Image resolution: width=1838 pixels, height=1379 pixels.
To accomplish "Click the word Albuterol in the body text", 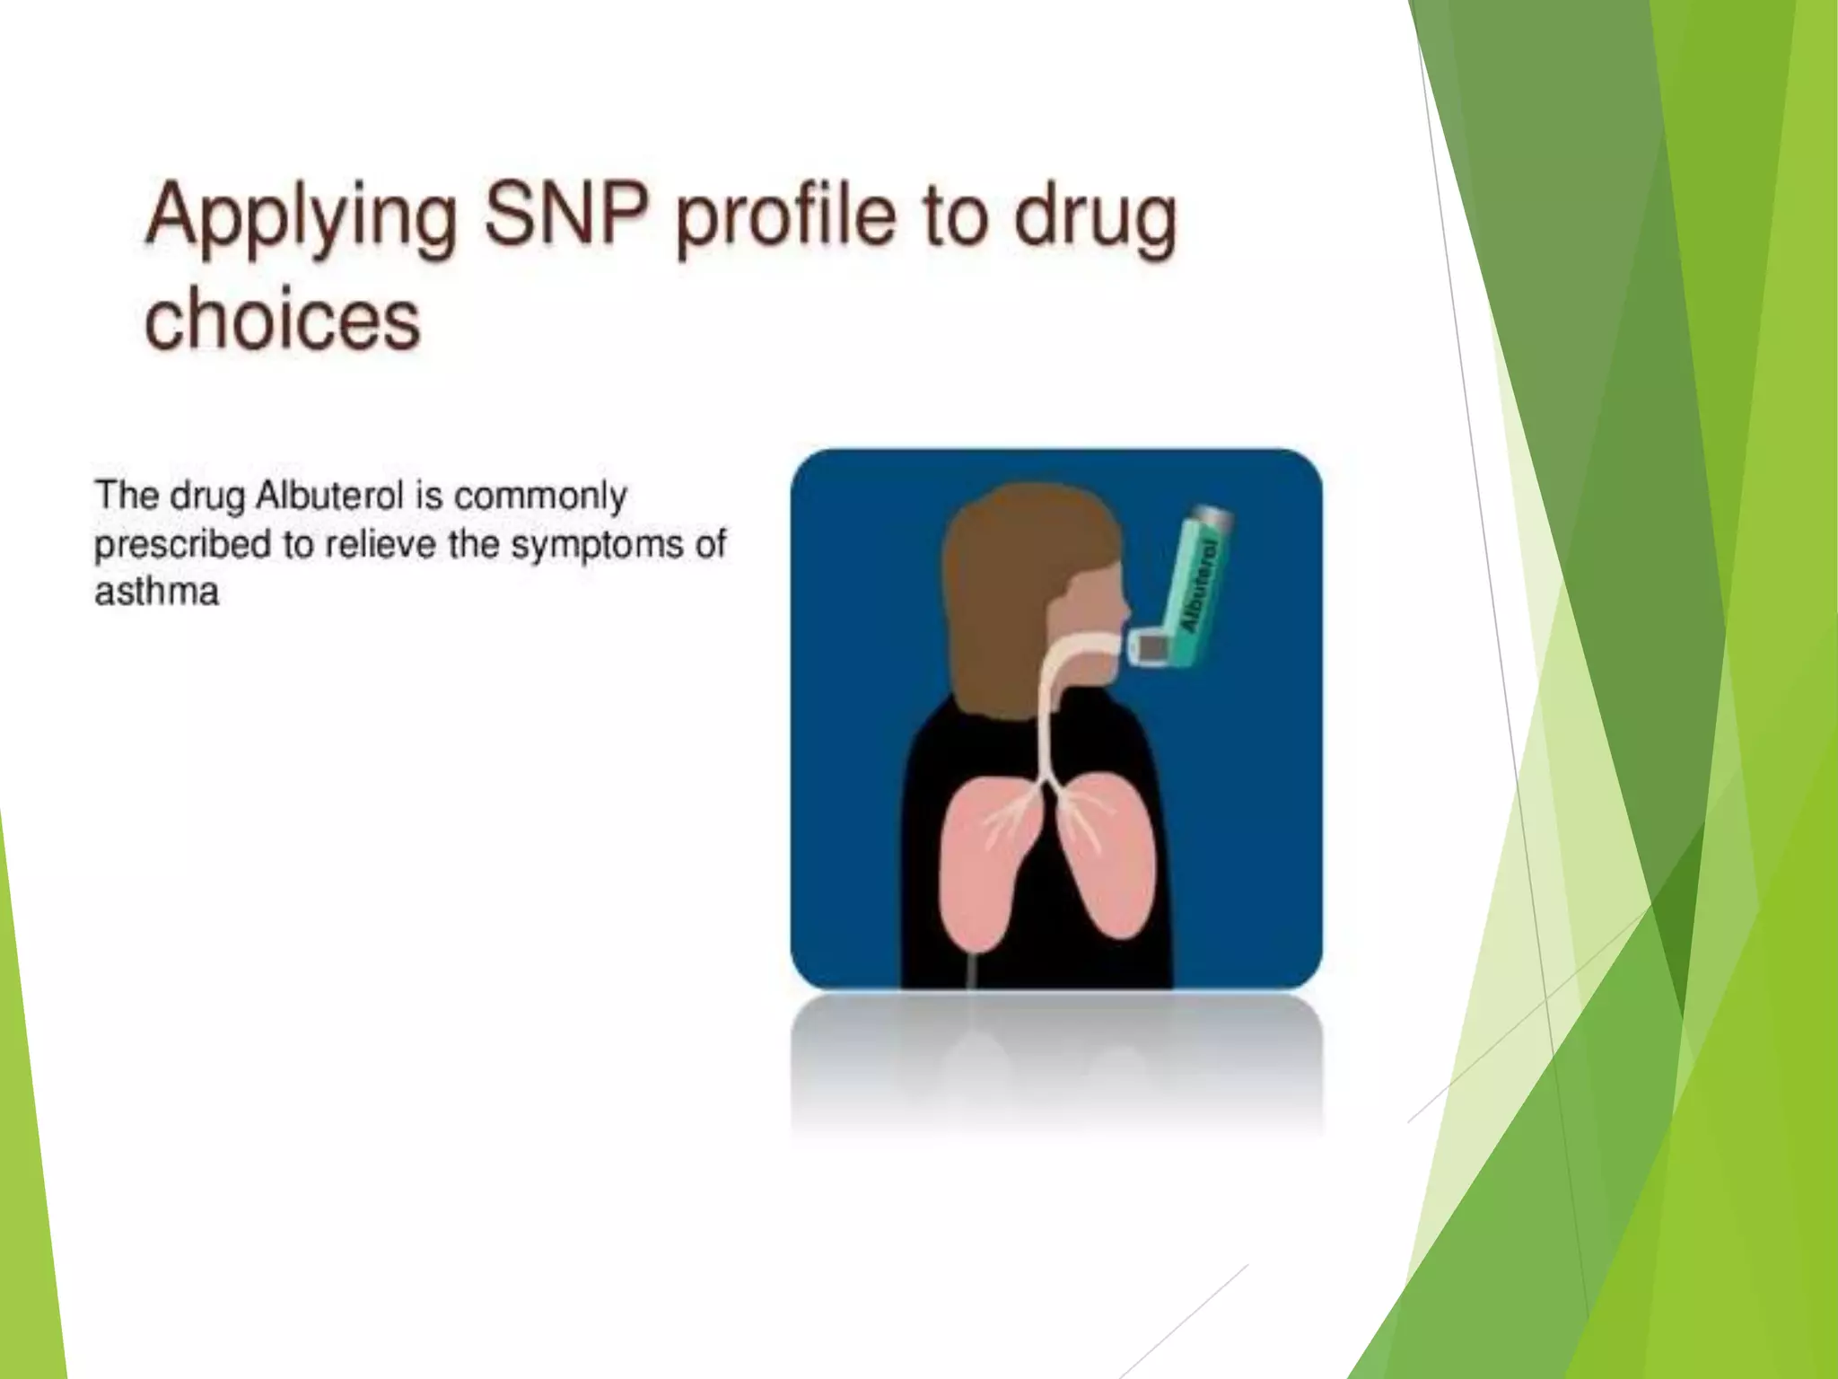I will [x=329, y=496].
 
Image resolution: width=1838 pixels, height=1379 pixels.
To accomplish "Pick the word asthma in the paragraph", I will [x=157, y=593].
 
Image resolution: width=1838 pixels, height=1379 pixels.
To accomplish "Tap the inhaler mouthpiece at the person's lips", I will [x=1150, y=646].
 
